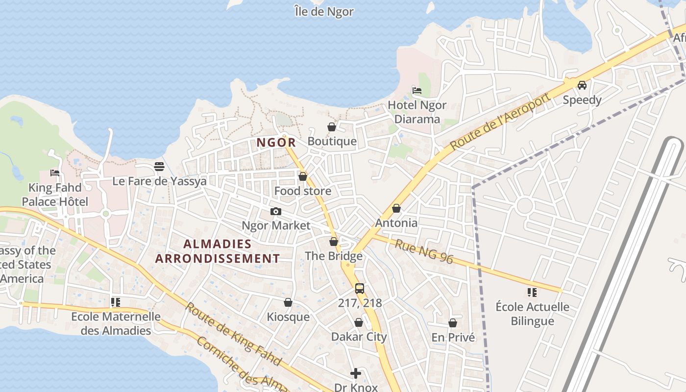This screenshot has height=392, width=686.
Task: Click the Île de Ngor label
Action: point(324,11)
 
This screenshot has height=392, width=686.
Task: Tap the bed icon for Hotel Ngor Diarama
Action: point(417,90)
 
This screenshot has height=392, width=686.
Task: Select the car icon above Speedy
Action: point(582,85)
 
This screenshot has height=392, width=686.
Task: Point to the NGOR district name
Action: point(276,143)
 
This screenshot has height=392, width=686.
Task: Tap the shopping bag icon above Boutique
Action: point(332,127)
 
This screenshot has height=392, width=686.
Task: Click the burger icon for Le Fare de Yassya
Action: point(159,167)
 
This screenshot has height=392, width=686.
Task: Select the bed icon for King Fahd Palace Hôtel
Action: point(55,173)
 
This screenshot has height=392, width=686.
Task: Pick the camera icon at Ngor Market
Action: point(276,211)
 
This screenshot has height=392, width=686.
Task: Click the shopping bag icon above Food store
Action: point(303,176)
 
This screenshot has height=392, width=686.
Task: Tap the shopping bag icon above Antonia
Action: point(396,208)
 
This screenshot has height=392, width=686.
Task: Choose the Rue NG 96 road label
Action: point(424,251)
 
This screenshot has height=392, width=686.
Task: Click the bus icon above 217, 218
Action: point(360,288)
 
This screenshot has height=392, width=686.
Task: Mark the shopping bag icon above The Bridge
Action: point(334,242)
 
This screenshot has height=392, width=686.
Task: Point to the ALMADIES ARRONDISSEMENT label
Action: point(218,251)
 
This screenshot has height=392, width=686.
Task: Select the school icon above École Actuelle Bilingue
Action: point(532,293)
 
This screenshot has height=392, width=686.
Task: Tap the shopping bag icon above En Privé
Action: point(453,323)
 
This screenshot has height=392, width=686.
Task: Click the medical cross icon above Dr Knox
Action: point(356,373)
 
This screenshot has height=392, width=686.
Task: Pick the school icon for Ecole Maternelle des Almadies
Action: point(116,302)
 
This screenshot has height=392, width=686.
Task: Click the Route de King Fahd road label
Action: point(233,335)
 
